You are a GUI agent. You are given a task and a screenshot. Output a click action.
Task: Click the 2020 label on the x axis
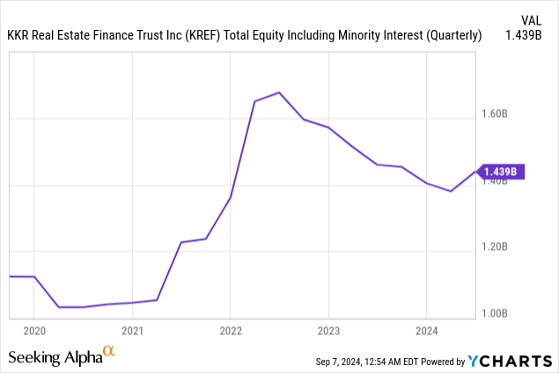pos(33,332)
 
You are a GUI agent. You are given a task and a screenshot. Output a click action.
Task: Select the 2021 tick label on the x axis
pos(132,332)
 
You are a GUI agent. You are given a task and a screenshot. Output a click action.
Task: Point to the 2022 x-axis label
pos(230,332)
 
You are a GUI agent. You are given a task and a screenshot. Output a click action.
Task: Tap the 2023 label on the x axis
pos(328,332)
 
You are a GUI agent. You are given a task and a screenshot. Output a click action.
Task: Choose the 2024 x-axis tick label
pos(426,332)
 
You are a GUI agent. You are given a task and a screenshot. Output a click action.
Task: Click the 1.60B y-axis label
pos(495,113)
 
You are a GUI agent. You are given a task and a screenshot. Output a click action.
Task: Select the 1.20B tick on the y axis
pos(495,246)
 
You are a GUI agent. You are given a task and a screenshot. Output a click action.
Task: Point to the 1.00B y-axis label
pos(495,312)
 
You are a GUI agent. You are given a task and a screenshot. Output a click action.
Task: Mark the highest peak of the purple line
pos(278,92)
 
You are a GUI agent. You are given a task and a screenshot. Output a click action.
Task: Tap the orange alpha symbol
pos(109,352)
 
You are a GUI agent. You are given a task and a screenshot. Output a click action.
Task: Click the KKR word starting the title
pos(19,36)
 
